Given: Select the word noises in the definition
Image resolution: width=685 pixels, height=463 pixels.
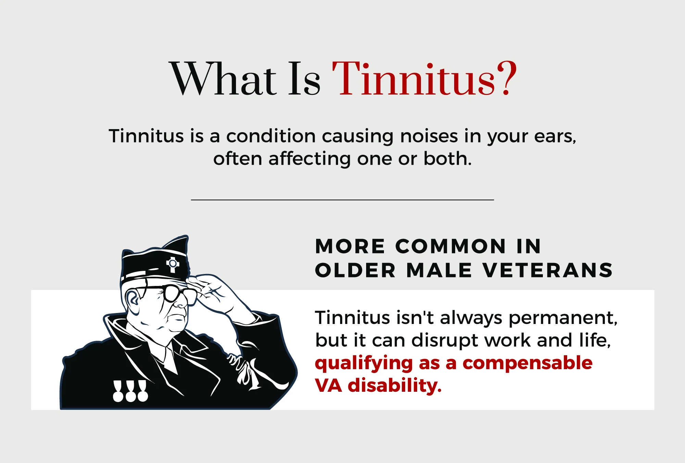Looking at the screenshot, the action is coord(429,136).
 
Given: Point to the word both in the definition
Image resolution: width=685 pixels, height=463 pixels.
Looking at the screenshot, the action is coord(447,159).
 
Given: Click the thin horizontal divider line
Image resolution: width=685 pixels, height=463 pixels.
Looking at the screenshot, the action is coord(342,200).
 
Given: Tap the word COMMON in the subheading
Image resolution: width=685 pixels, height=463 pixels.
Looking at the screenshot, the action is coord(451,246).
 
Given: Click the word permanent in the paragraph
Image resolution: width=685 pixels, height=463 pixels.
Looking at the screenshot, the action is coord(563,318).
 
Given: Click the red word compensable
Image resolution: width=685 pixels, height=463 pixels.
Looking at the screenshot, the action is coord(527,363).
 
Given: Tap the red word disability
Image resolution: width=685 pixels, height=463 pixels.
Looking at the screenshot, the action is coord(395,385).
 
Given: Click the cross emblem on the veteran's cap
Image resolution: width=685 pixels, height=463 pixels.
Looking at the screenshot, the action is coord(173,264).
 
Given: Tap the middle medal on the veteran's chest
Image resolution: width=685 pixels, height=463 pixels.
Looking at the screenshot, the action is coord(130,391).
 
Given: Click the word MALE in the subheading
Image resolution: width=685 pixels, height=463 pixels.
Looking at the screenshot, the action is coord(439,270).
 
